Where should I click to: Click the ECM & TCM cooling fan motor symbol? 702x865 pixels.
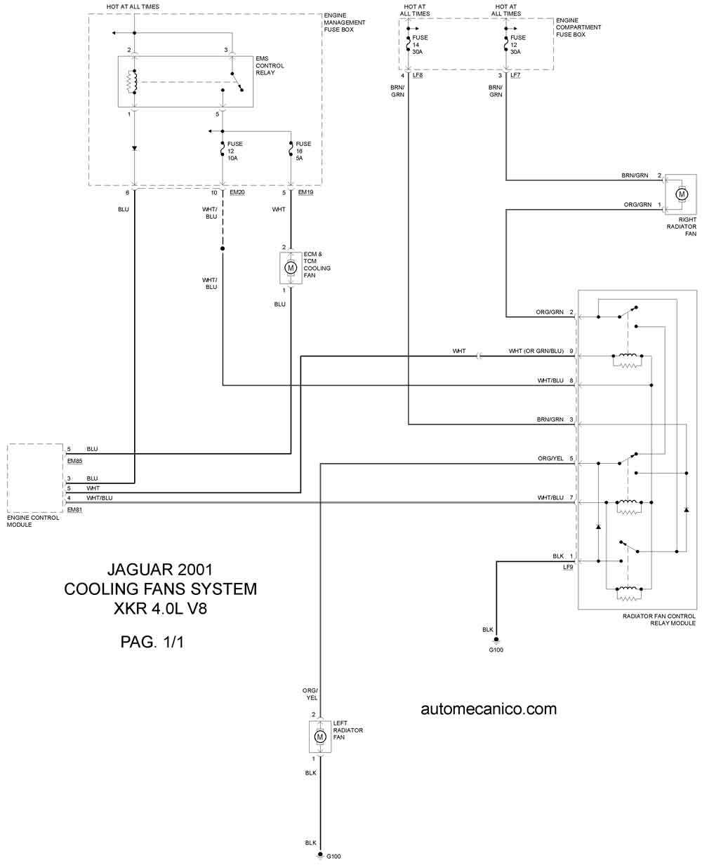click(291, 267)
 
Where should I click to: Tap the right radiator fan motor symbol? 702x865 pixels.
click(681, 193)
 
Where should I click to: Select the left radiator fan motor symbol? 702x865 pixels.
click(320, 737)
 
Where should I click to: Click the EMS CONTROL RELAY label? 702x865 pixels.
click(270, 66)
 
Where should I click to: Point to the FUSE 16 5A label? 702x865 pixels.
click(303, 151)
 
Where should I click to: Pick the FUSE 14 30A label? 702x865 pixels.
click(420, 45)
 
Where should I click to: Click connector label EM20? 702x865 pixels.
click(237, 192)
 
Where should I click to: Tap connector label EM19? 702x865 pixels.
click(305, 192)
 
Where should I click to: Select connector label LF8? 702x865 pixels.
click(418, 75)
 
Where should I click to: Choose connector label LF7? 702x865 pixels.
click(515, 75)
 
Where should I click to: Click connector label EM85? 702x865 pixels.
click(74, 461)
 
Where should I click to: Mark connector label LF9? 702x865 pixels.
click(568, 567)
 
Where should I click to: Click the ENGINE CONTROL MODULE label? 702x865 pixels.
click(33, 521)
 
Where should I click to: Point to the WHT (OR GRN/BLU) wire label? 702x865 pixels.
click(536, 351)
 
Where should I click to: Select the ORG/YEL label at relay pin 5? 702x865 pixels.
click(550, 459)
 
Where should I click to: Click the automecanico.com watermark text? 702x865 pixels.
click(489, 709)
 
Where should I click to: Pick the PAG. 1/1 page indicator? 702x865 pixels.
click(152, 641)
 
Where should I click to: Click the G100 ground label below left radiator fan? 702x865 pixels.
click(332, 856)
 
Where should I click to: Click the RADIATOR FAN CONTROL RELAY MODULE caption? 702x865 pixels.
click(658, 619)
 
